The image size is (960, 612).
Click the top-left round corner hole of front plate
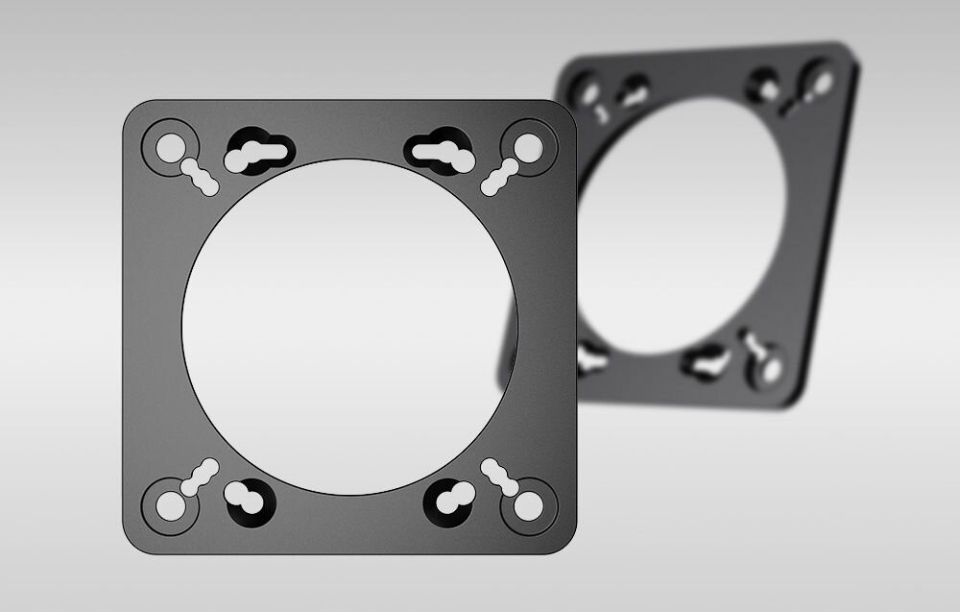pyautogui.click(x=170, y=147)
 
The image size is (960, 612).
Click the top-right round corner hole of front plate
pyautogui.click(x=526, y=147)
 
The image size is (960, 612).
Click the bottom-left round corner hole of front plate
pyautogui.click(x=170, y=506)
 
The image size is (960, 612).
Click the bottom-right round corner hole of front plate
pyautogui.click(x=526, y=506)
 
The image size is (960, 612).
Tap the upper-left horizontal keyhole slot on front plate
pyautogui.click(x=259, y=153)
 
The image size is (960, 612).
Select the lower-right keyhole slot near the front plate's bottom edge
pyautogui.click(x=447, y=499)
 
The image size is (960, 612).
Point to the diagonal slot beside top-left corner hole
pyautogui.click(x=200, y=178)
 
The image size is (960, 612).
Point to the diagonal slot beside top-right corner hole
pyautogui.click(x=498, y=178)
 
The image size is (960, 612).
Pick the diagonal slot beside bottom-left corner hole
pyautogui.click(x=200, y=477)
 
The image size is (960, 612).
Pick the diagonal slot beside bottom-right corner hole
pyautogui.click(x=499, y=477)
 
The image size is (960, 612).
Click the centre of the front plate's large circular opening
pyautogui.click(x=349, y=327)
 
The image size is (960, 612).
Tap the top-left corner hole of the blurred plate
pyautogui.click(x=584, y=89)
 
